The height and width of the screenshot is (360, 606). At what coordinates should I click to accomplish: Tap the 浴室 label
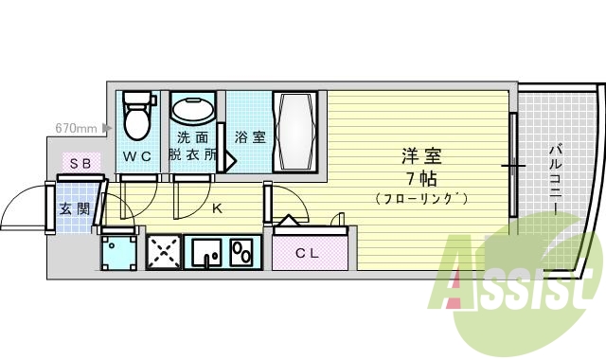(x=250, y=137)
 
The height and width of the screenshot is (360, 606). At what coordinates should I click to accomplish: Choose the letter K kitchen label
(x=216, y=207)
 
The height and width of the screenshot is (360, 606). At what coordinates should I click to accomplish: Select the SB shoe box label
(x=80, y=164)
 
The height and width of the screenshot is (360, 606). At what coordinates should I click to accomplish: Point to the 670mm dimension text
(x=78, y=126)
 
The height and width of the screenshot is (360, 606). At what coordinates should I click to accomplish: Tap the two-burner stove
(x=242, y=252)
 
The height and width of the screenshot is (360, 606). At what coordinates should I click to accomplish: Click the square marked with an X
(x=162, y=252)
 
